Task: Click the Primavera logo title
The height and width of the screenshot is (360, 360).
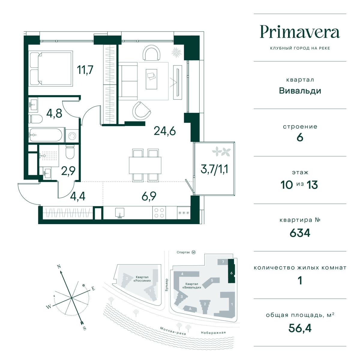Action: click(x=300, y=32)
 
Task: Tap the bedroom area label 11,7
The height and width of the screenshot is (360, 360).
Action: click(x=85, y=70)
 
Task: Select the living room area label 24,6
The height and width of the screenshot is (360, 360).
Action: click(x=165, y=131)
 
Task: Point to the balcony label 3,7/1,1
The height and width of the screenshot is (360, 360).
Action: click(x=214, y=169)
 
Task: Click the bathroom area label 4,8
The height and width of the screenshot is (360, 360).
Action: click(x=54, y=113)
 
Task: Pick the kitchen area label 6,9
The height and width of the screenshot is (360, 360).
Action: click(x=149, y=196)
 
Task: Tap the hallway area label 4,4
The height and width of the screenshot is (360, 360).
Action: click(x=78, y=196)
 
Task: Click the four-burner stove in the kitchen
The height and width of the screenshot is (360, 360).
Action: click(x=159, y=213)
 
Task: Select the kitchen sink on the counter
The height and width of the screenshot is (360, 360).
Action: click(x=120, y=213)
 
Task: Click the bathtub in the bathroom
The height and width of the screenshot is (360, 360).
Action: click(x=46, y=135)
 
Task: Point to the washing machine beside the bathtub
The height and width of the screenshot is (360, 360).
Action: click(x=72, y=136)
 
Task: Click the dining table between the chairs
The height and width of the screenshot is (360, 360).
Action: click(x=145, y=165)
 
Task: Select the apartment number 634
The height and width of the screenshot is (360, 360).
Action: click(x=300, y=233)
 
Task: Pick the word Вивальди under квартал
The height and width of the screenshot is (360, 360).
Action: click(x=300, y=91)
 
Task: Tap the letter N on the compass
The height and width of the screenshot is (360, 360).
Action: click(x=59, y=266)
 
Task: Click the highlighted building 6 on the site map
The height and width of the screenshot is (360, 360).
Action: click(x=231, y=271)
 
